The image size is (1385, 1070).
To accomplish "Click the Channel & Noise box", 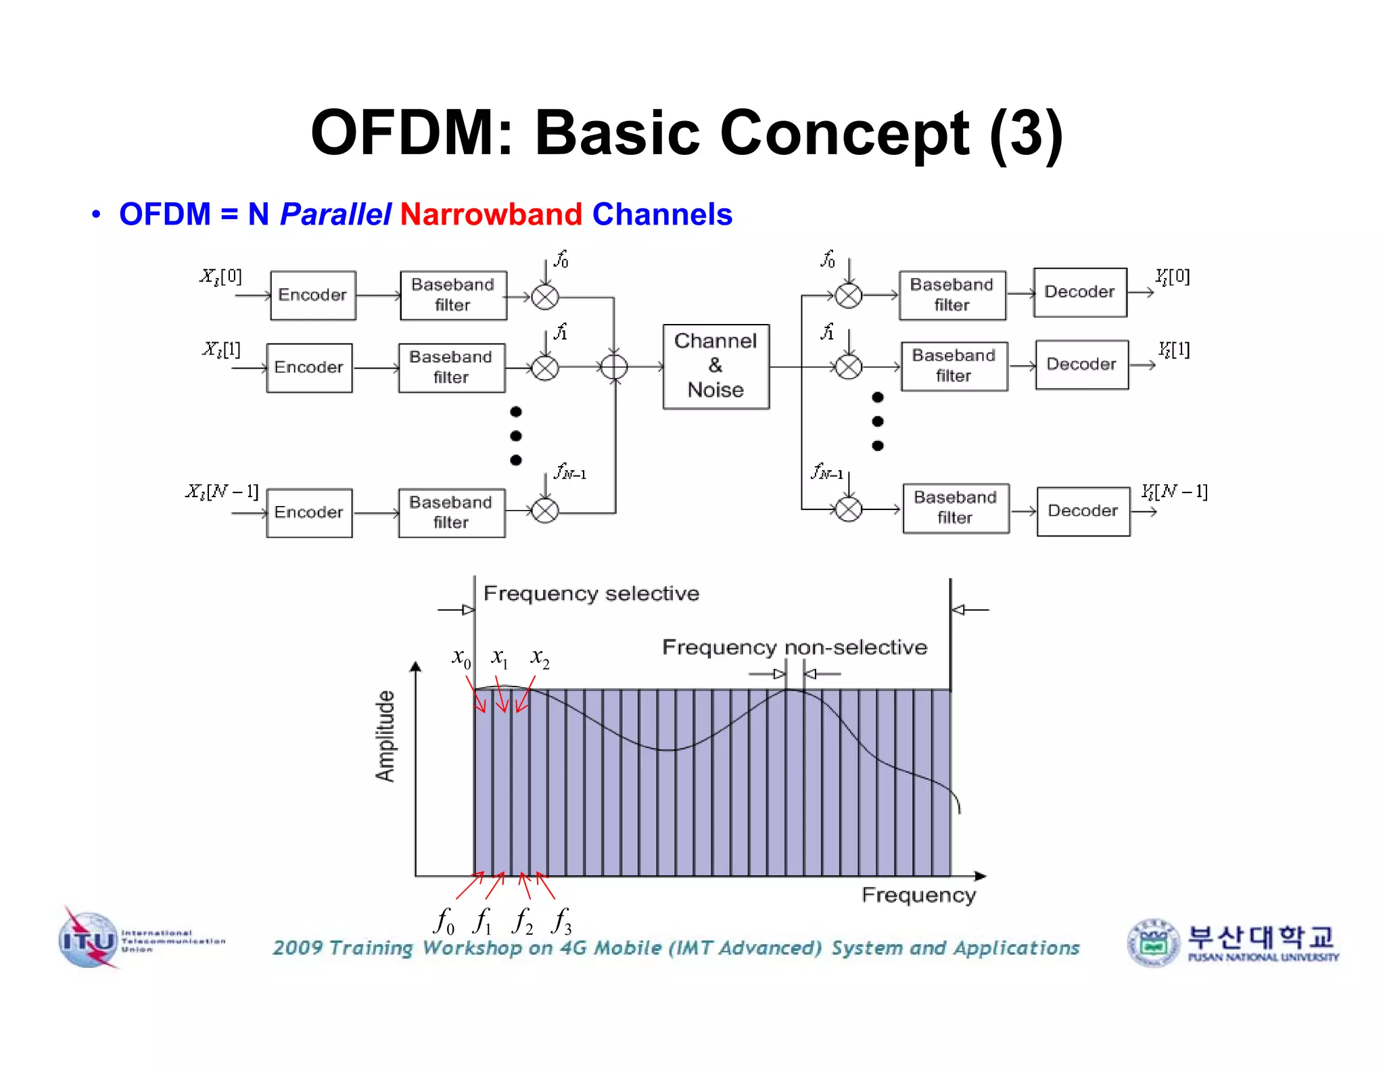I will (715, 367).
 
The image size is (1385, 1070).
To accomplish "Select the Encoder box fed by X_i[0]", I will (312, 295).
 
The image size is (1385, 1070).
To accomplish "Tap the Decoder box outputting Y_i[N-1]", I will (1083, 511).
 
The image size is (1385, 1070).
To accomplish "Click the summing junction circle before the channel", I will (614, 367).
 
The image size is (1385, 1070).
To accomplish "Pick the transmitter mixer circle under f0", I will (545, 297).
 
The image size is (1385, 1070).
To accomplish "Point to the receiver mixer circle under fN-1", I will (849, 509).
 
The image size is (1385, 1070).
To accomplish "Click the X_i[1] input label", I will (222, 349).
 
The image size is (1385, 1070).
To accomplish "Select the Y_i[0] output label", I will (1173, 277).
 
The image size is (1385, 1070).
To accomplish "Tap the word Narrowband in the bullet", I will (491, 214).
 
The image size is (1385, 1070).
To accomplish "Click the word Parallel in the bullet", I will (335, 214).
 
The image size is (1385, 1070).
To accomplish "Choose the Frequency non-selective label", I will (795, 647).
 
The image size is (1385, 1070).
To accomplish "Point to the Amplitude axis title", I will (385, 736).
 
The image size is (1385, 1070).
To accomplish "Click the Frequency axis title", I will (918, 895).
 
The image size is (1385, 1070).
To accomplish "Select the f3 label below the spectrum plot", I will (562, 921).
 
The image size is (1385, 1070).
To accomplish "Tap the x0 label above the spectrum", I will (461, 657).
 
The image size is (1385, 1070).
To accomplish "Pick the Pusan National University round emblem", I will (1154, 942).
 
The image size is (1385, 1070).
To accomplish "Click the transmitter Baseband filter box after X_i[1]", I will (451, 367).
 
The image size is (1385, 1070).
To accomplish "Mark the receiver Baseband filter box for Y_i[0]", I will (952, 295).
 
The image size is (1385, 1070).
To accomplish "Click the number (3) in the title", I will (1026, 133).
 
